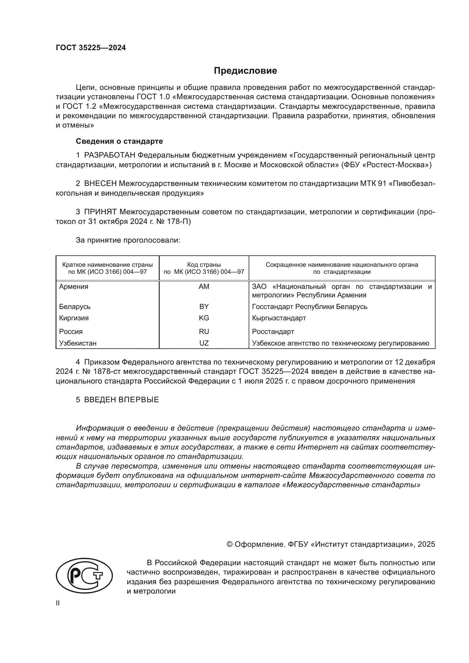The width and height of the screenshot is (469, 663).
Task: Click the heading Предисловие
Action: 245,71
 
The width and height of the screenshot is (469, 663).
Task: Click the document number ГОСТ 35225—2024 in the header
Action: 91,48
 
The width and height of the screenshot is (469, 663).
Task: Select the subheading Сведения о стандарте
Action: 119,141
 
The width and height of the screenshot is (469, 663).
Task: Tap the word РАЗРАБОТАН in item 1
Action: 110,155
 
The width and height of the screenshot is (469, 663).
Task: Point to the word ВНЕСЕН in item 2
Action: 100,184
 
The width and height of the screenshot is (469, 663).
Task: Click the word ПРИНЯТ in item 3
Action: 100,212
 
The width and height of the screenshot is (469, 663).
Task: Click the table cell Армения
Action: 74,287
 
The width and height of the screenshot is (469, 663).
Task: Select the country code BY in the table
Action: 204,306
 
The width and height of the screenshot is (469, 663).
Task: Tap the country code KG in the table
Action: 204,318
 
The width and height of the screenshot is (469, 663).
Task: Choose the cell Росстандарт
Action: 273,332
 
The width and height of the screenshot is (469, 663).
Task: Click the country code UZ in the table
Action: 204,343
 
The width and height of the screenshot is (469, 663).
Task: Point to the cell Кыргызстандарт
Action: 279,318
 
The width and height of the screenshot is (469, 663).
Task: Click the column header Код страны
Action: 204,264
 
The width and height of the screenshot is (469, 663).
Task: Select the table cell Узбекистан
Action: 78,343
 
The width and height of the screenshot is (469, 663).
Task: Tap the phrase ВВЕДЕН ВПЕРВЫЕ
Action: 121,400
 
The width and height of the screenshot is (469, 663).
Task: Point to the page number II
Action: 58,603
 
